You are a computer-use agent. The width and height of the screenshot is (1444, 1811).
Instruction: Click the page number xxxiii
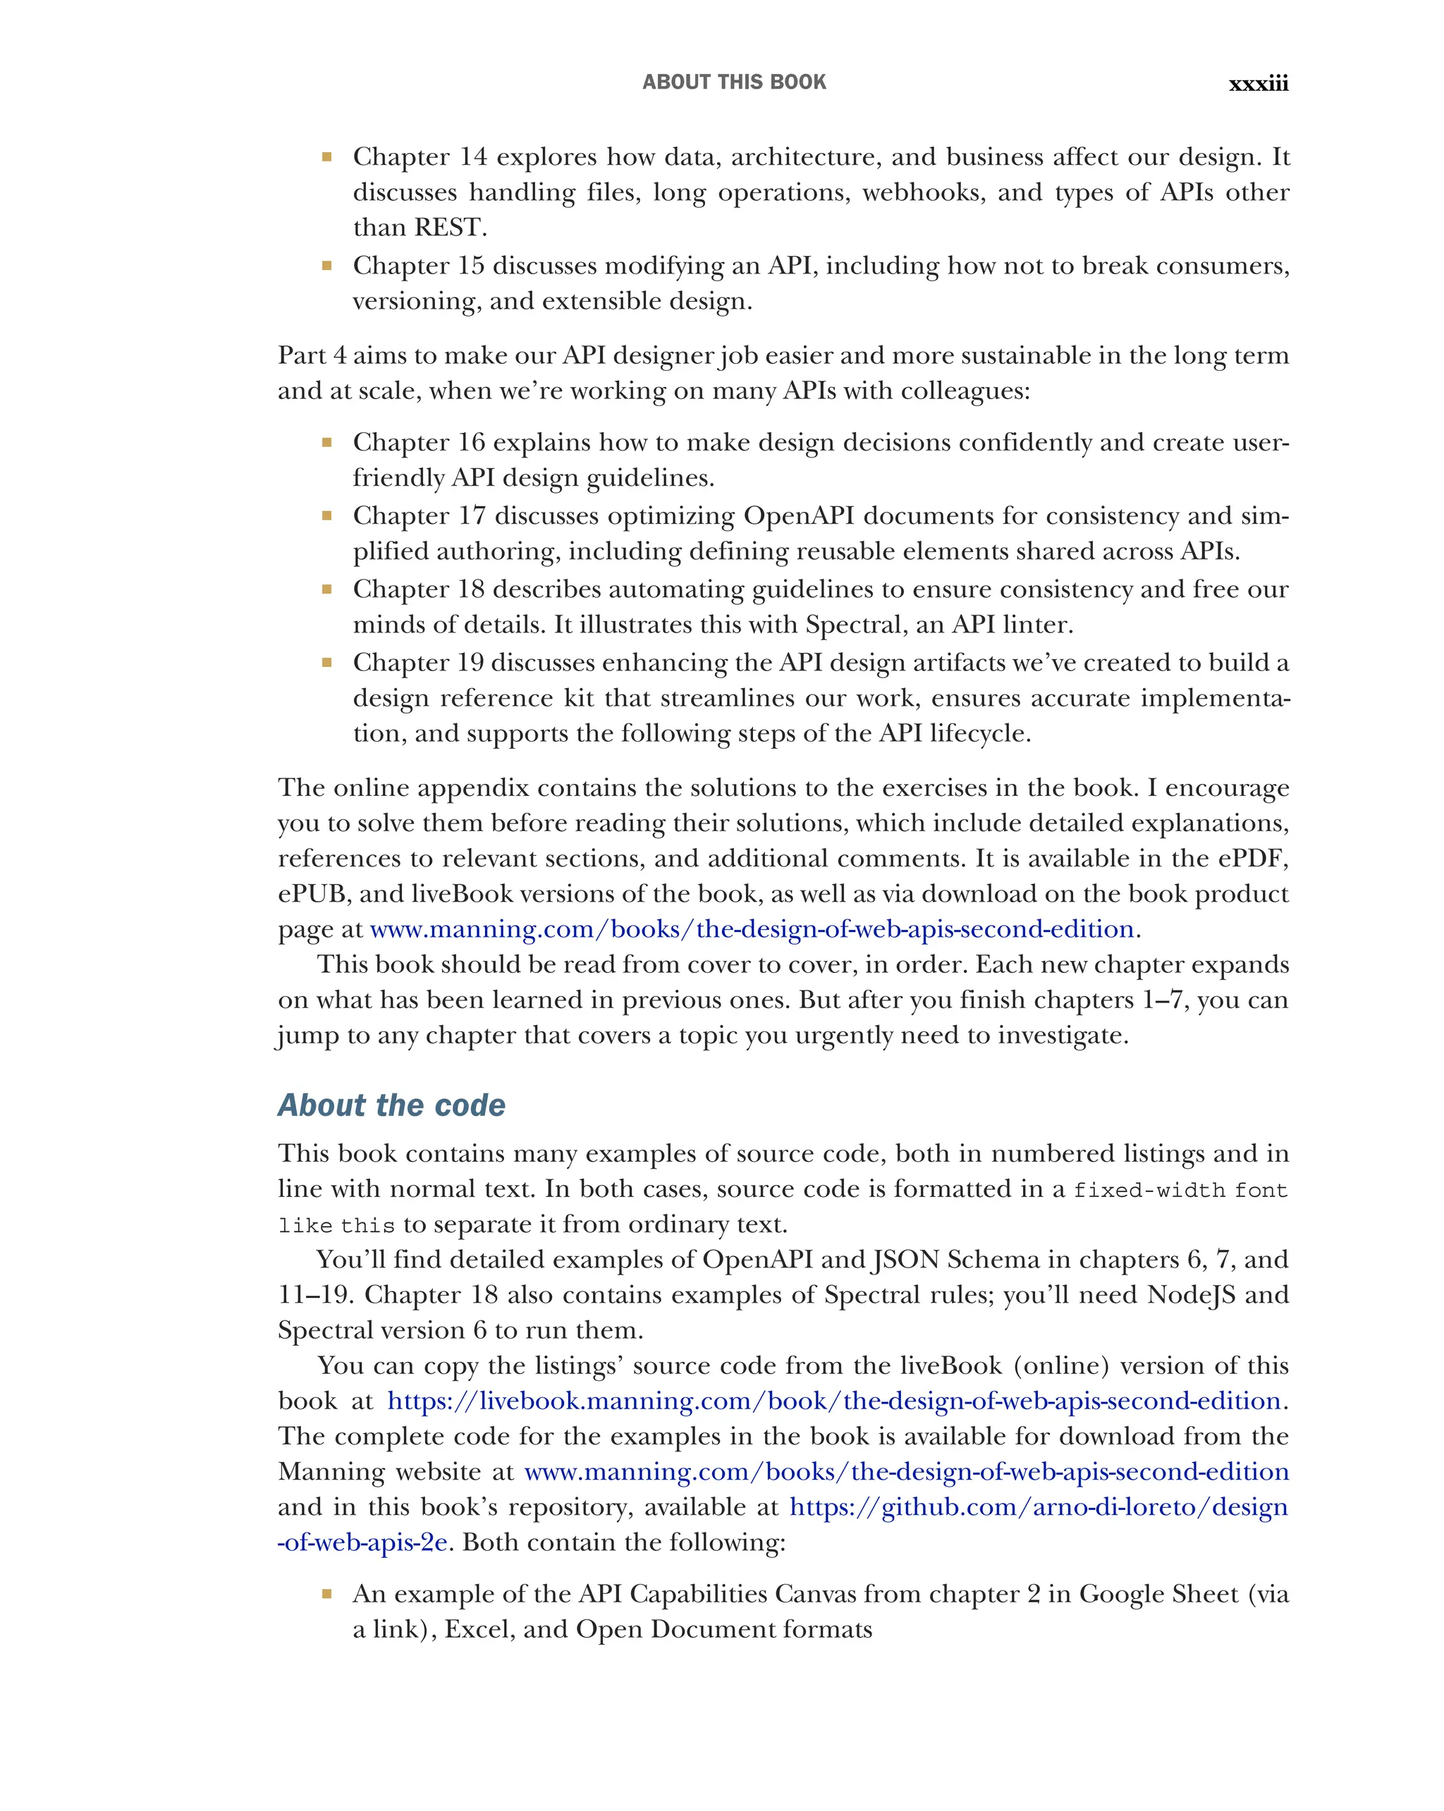pos(1258,83)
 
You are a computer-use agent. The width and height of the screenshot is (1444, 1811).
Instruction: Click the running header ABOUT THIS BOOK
pos(733,82)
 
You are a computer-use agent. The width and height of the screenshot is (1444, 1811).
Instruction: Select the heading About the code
pos(391,1105)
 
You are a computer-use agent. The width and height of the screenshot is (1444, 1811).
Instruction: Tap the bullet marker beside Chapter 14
pos(326,156)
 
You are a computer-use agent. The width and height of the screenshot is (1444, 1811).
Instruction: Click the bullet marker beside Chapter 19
pos(326,662)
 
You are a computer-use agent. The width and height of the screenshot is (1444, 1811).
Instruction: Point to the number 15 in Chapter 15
pos(471,266)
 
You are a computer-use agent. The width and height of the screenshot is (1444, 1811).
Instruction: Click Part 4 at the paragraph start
pos(312,355)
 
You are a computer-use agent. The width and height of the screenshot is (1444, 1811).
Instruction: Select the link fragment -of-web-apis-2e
pos(362,1542)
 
